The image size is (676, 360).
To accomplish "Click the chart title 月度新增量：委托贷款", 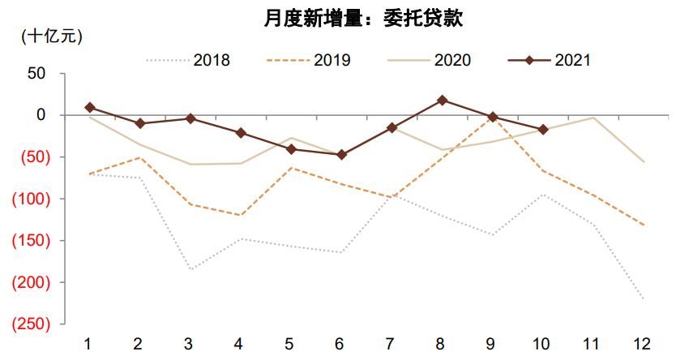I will [x=363, y=19].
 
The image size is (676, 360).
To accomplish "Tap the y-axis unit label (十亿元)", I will [x=51, y=36].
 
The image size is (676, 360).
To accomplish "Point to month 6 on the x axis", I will [x=340, y=343].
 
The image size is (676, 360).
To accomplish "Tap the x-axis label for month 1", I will [x=88, y=343].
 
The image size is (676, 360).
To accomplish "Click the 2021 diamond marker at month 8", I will [x=442, y=100].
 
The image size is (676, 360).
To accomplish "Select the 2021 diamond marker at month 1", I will [x=89, y=107].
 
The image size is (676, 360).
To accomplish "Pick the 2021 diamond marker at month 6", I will [x=341, y=154].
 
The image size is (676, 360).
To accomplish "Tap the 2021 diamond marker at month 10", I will [x=543, y=130].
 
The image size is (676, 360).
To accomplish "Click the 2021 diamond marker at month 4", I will [x=241, y=132].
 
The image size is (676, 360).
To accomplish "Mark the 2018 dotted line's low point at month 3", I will [x=190, y=269].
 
